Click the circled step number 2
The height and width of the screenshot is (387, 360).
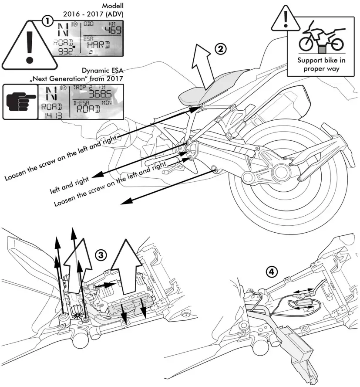point(221,49)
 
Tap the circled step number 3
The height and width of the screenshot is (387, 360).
point(101,255)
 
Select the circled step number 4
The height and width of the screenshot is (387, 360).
point(271,272)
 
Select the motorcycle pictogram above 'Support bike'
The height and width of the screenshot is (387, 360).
point(322,37)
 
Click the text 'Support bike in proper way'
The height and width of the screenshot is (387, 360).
point(322,65)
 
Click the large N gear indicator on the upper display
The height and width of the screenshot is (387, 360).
point(63,29)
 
